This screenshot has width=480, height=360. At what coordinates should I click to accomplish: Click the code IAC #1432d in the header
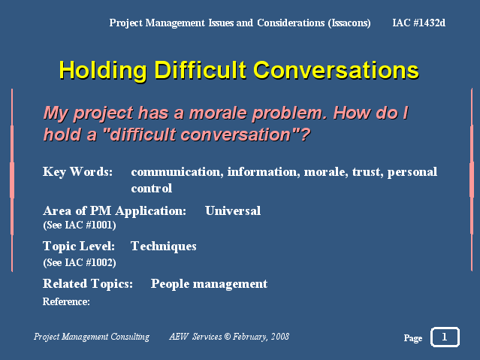(x=418, y=23)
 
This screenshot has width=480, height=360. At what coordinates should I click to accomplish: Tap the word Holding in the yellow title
(x=103, y=71)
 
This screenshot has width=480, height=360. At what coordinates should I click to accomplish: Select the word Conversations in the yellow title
(x=336, y=70)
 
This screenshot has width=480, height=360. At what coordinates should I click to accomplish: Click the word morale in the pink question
(x=218, y=113)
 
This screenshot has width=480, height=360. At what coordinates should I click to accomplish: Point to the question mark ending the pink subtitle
(x=305, y=135)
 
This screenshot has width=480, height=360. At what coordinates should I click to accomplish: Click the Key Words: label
(x=78, y=172)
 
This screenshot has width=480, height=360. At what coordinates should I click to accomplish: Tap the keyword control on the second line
(x=152, y=188)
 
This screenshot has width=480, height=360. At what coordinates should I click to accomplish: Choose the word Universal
(x=233, y=210)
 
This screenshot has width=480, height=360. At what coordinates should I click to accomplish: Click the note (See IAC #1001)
(x=80, y=225)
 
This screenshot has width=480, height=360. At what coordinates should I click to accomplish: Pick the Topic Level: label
(x=79, y=247)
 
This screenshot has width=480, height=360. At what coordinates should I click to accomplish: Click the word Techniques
(x=164, y=247)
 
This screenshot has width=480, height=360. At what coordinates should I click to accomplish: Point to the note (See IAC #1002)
(x=80, y=262)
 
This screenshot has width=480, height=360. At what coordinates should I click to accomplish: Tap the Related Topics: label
(x=88, y=284)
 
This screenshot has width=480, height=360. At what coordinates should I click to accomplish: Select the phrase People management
(x=209, y=284)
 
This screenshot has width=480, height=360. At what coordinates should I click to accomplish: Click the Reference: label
(x=66, y=302)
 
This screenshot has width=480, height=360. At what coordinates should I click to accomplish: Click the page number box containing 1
(x=445, y=337)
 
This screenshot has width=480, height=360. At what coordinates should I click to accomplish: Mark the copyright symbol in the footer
(x=227, y=337)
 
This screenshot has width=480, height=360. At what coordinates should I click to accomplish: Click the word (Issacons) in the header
(x=349, y=23)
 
